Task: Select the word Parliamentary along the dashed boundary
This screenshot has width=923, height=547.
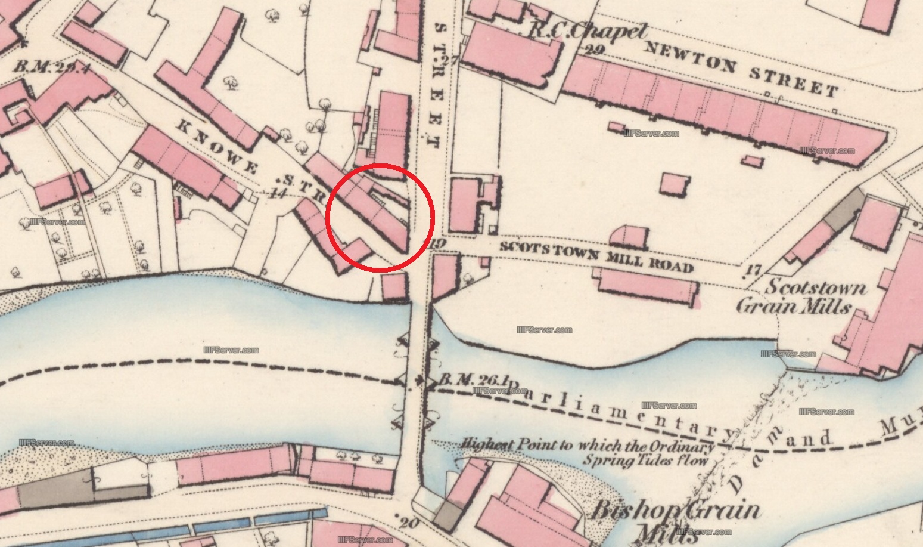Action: click(620, 412)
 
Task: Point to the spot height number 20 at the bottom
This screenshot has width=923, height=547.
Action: click(408, 523)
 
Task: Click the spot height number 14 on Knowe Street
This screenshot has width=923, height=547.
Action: click(275, 193)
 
